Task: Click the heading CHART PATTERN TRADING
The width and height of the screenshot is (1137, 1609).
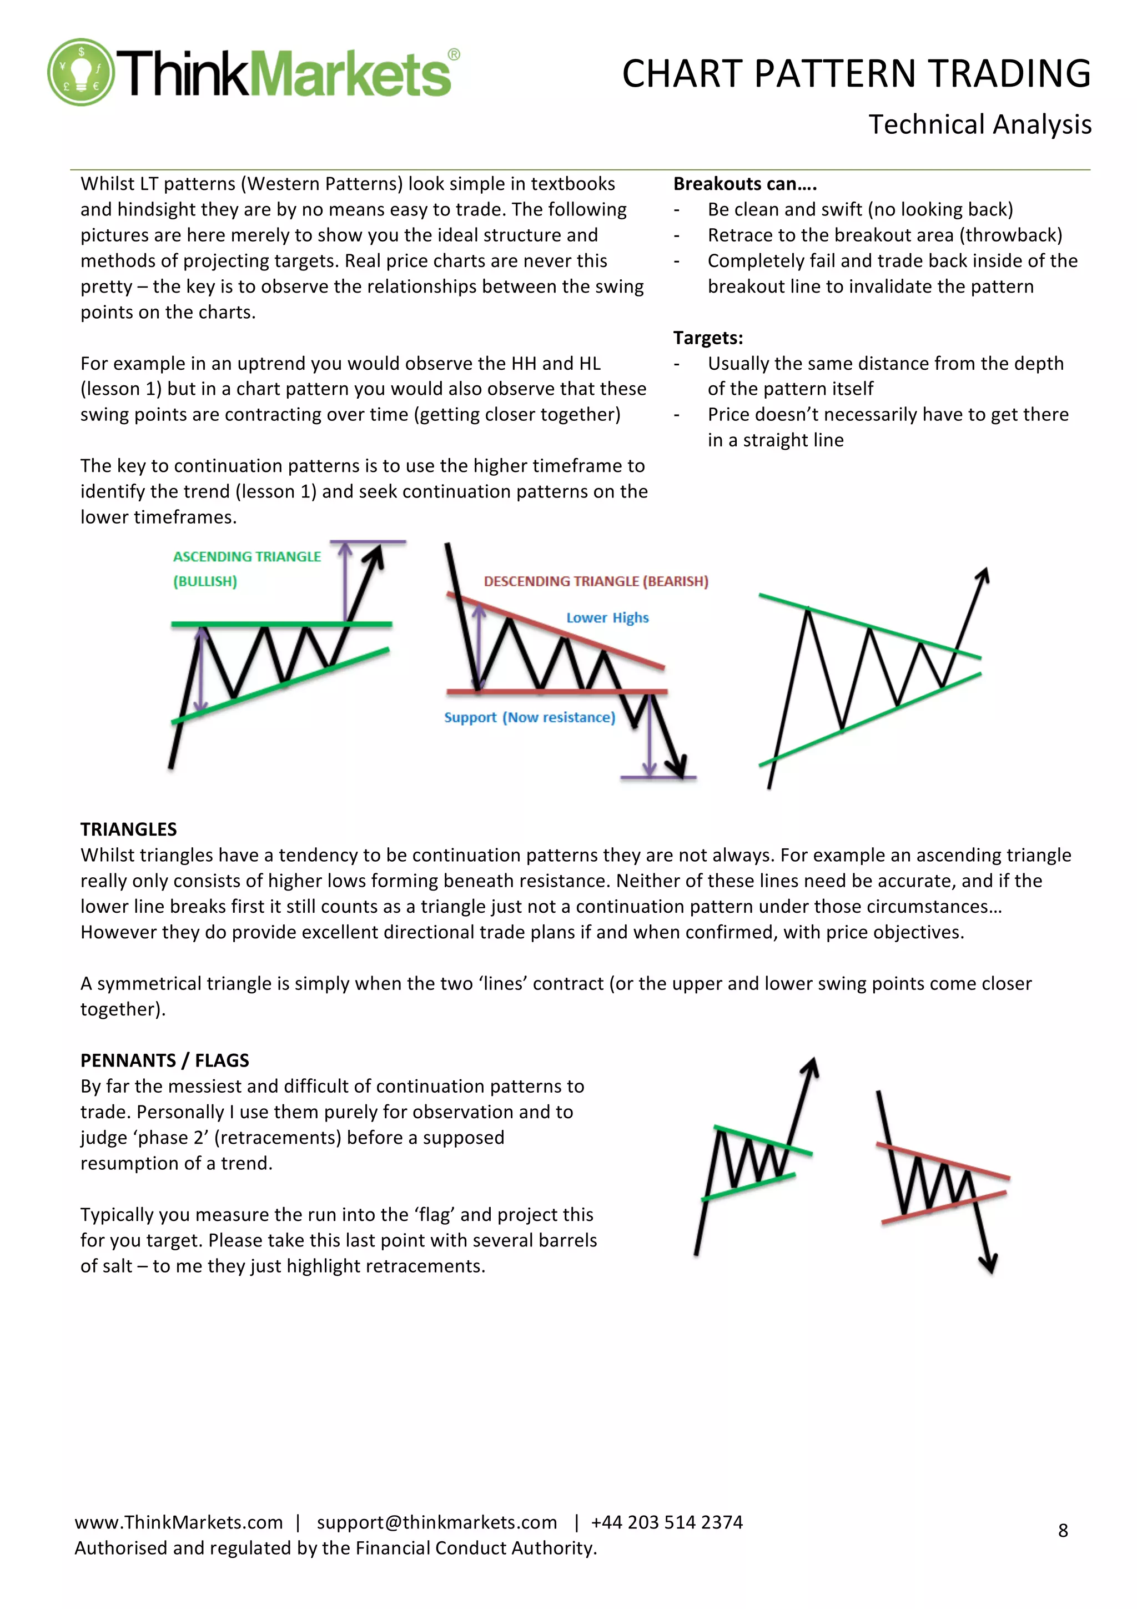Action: pos(856,74)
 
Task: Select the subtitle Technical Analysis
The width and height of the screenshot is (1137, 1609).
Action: pos(979,125)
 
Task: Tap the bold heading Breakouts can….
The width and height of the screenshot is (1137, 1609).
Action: pos(744,184)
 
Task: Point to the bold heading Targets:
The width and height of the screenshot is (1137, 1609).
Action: pos(707,338)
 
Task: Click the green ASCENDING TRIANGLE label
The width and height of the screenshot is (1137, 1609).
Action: pos(246,556)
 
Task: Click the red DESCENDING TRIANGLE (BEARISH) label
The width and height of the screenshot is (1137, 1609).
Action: pos(596,581)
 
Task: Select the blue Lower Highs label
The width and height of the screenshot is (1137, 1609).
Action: pos(607,617)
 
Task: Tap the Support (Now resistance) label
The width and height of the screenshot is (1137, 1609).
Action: pos(530,717)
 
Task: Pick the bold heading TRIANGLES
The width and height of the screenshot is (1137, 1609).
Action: pos(128,829)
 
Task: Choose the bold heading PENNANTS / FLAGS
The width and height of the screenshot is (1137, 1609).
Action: pos(165,1060)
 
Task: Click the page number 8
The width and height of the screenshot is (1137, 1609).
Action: pos(1062,1531)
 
